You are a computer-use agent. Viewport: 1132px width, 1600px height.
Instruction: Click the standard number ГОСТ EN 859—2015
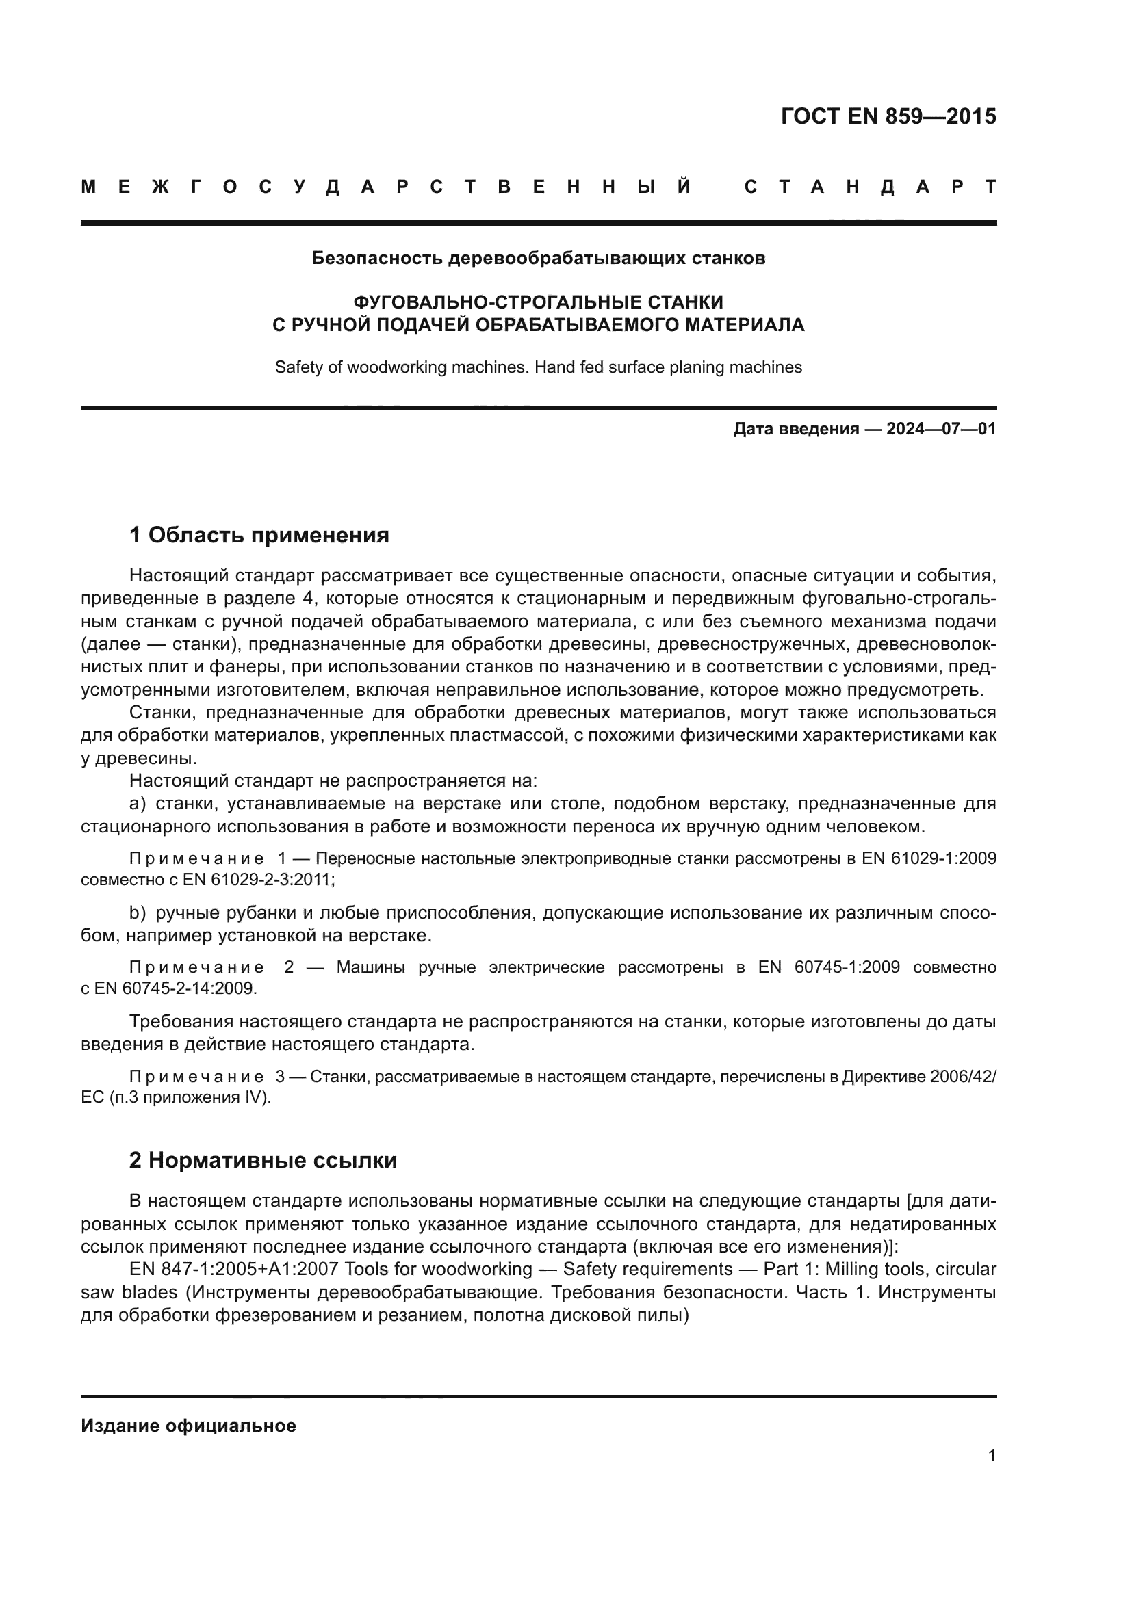pyautogui.click(x=888, y=116)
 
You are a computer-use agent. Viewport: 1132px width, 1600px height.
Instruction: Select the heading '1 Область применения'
pyautogui.click(x=259, y=535)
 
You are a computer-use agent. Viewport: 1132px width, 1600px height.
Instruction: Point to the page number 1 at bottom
pyautogui.click(x=991, y=1456)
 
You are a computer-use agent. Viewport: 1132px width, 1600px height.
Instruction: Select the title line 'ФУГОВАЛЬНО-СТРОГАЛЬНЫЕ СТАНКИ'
pyautogui.click(x=538, y=302)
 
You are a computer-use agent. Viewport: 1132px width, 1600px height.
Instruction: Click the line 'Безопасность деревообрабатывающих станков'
pyautogui.click(x=538, y=259)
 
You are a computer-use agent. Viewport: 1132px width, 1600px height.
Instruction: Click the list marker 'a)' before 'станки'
pyautogui.click(x=138, y=804)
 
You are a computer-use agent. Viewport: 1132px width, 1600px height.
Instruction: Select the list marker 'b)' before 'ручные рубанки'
pyautogui.click(x=138, y=913)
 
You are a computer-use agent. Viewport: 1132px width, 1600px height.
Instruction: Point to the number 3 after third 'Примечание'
pyautogui.click(x=280, y=1076)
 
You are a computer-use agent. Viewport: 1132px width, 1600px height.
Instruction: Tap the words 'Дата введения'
pyautogui.click(x=795, y=430)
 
